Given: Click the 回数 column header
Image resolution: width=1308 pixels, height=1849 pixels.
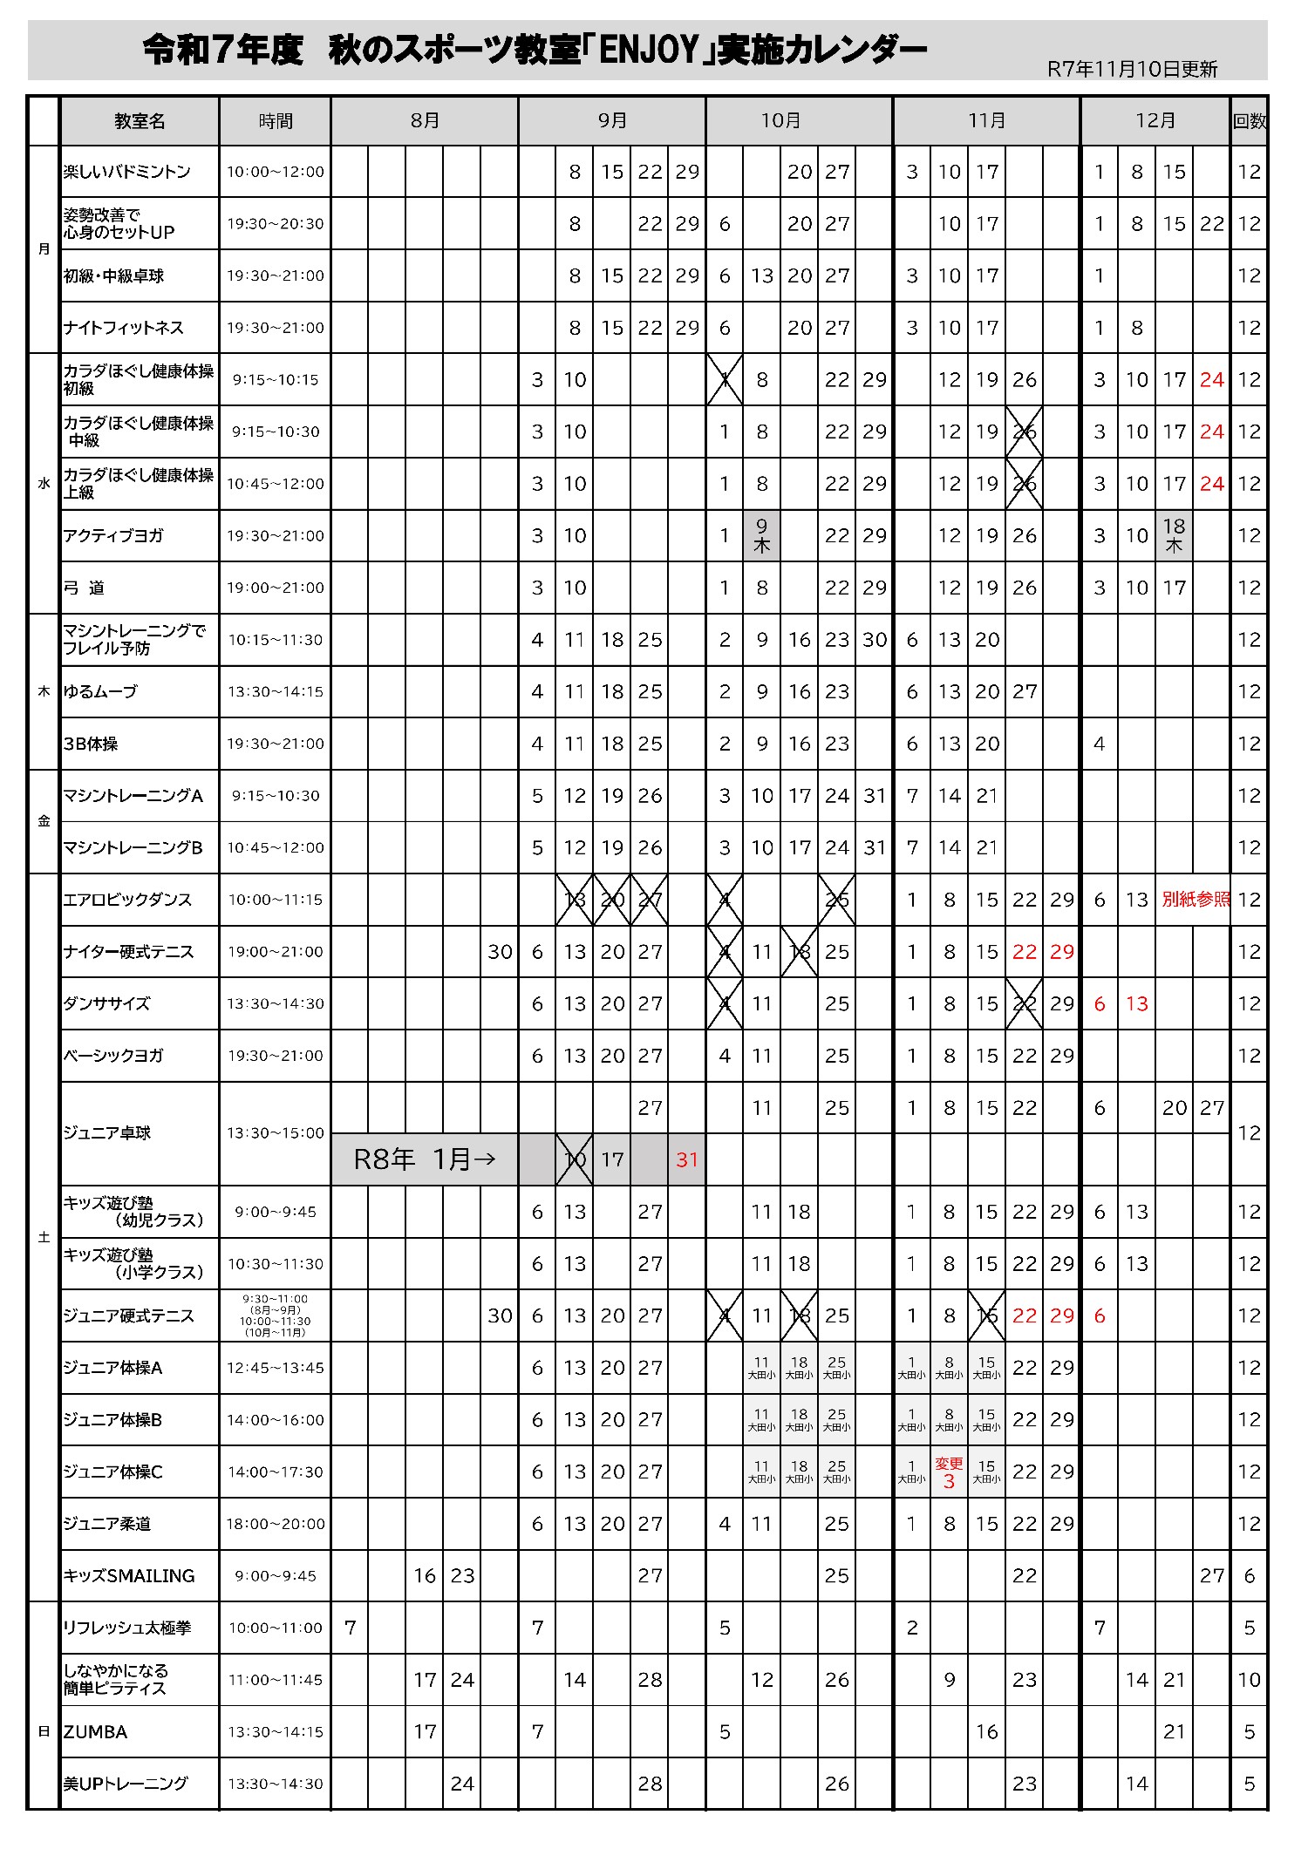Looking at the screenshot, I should tap(1249, 121).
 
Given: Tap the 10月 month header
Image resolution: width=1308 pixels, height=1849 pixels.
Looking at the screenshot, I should tap(780, 121).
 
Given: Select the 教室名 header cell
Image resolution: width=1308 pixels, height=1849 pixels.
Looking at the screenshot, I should tap(140, 121).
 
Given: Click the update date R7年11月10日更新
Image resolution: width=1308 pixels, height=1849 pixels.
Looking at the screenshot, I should tap(1132, 70).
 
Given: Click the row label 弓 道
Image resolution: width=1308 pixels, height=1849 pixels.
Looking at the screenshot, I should tap(84, 588).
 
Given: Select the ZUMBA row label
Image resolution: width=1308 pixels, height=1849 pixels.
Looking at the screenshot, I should tap(96, 1731).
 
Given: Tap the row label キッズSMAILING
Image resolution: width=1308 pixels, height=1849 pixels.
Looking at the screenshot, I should tap(128, 1575).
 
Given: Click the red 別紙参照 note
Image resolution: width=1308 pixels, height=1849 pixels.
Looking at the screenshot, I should tap(1195, 899).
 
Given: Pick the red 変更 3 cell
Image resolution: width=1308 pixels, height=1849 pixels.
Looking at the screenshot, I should tap(949, 1472).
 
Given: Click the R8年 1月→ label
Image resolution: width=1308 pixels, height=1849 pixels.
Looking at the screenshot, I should tap(425, 1159).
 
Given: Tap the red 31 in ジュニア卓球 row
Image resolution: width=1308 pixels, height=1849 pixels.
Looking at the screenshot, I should tap(687, 1159).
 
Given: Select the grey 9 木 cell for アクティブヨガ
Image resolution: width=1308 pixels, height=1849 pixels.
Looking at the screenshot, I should tap(761, 535).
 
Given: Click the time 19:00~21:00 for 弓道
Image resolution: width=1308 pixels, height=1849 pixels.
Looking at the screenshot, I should tap(276, 588).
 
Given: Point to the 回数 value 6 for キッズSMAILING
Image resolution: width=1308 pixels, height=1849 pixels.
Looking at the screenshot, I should tap(1249, 1575).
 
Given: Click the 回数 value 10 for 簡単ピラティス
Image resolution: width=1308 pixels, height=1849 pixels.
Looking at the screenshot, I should tap(1249, 1679).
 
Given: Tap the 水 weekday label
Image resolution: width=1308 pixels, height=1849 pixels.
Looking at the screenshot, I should tap(44, 484).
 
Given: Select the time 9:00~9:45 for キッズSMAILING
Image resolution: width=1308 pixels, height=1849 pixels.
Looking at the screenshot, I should tap(276, 1575).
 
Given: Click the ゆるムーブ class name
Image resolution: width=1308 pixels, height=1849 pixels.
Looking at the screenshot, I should tap(100, 691).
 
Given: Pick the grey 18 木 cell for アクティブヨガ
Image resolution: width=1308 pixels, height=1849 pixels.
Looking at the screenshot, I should tap(1174, 535).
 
